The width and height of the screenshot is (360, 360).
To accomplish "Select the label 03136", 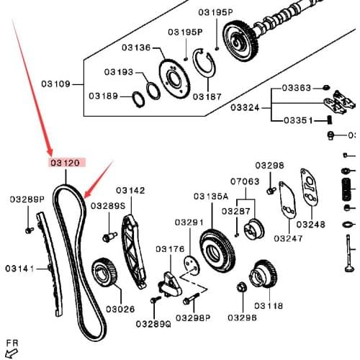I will point(135,48).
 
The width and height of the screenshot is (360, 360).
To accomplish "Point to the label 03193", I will point(119,72).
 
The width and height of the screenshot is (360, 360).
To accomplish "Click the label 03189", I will point(104,96).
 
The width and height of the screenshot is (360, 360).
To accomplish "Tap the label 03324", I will point(246,107).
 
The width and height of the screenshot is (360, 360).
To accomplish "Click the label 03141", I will point(20,269).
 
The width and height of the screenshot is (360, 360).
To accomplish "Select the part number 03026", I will point(120,309).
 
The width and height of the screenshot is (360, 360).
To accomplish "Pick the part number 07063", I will point(244,181).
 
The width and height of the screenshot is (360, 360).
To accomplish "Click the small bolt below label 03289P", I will point(29,230).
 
